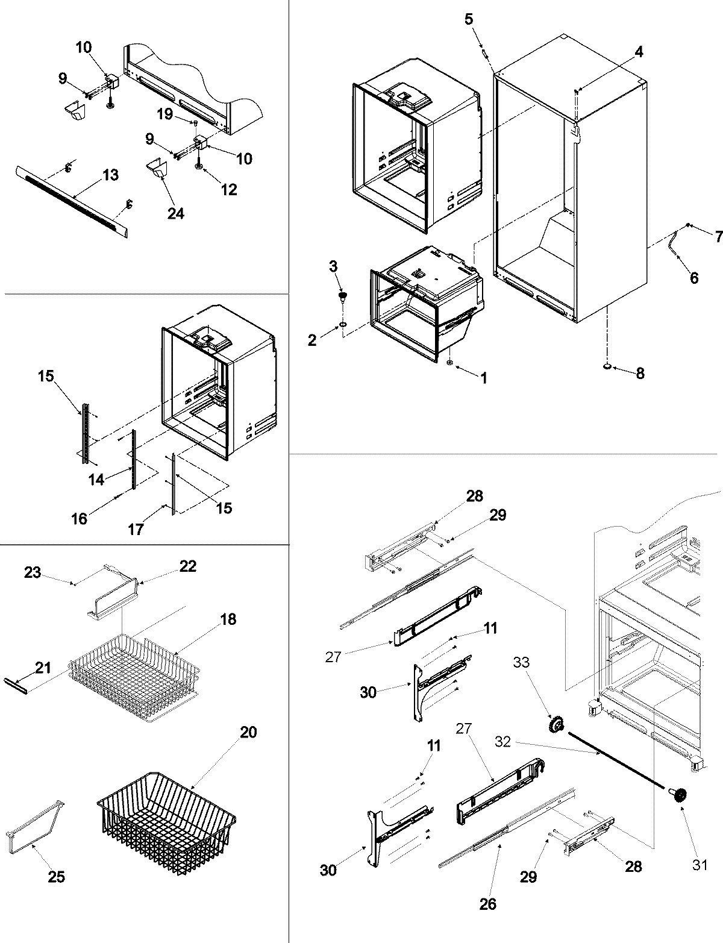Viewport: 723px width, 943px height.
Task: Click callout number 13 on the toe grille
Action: click(x=111, y=175)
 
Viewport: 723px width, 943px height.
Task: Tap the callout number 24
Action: click(x=175, y=213)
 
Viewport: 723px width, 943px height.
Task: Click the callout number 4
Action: click(x=639, y=52)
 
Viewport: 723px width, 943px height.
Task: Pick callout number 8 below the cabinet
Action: click(x=639, y=374)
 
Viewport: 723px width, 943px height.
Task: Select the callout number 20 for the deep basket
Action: click(x=248, y=733)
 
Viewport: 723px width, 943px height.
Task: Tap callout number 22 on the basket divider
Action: click(x=188, y=566)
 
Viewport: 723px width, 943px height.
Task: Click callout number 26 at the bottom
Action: click(x=488, y=904)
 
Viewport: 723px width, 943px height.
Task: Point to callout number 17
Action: click(x=136, y=529)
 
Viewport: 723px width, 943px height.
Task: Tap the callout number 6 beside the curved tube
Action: click(x=693, y=278)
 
